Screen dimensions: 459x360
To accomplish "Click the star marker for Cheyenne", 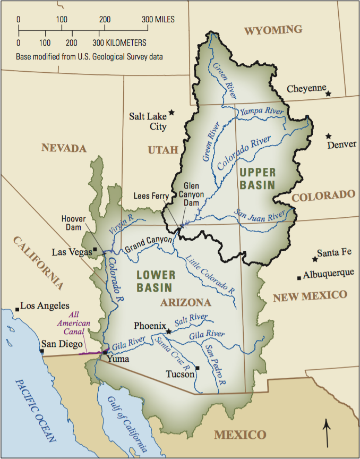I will coord(329,93).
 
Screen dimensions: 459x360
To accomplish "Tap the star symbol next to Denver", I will coord(329,136).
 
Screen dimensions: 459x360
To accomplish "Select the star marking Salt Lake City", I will coord(172,113).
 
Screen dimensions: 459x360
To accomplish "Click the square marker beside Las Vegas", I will coord(95,249).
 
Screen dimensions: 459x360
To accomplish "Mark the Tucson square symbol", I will coord(197,368).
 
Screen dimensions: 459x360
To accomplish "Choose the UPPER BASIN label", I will coord(257,178).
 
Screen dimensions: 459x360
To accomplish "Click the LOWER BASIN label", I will coord(154,281).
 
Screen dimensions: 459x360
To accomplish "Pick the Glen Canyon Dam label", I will coord(193,194).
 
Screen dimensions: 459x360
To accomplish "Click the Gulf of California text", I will coord(123,419).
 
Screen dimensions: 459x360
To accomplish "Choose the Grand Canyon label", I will coord(148,244).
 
